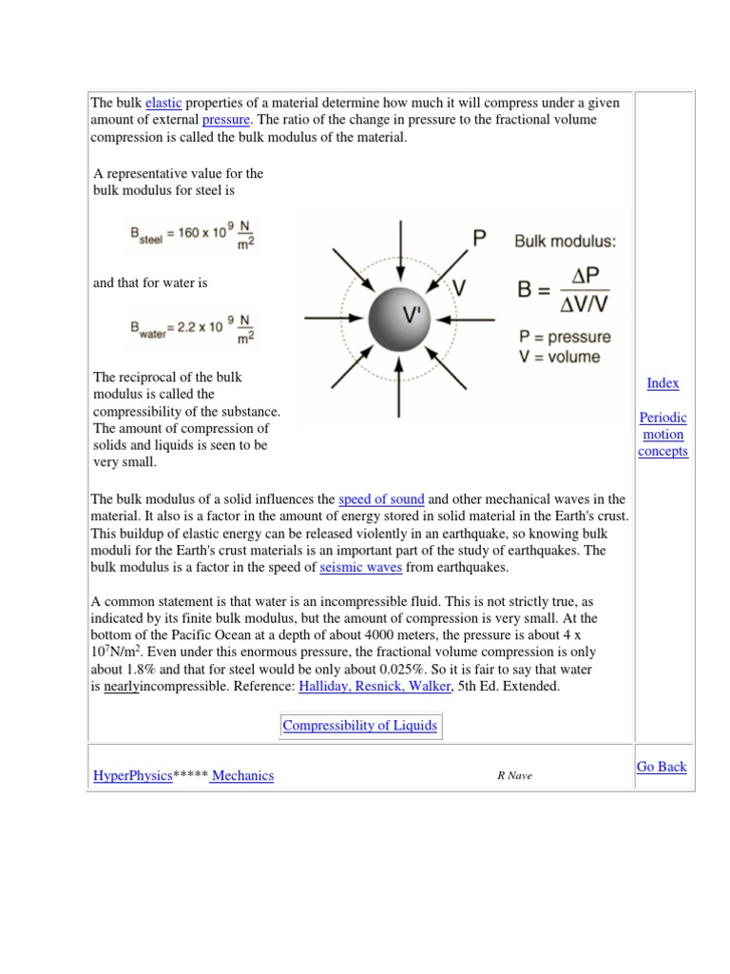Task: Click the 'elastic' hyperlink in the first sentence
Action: tap(163, 103)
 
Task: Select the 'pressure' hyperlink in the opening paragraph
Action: tap(225, 120)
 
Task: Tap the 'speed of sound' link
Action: tap(381, 498)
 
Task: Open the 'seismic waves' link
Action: tap(361, 567)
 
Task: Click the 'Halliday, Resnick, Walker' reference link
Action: tap(375, 686)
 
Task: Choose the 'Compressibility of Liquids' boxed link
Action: tap(360, 726)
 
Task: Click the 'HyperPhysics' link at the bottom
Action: tap(132, 776)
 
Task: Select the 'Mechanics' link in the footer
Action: tap(242, 776)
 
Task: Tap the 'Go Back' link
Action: tap(662, 767)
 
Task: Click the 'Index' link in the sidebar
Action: tap(663, 383)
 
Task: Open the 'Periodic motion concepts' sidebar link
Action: tap(663, 434)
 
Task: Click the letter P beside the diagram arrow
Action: tap(480, 238)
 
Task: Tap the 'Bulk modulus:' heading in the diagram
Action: tap(565, 242)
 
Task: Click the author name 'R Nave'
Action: tap(514, 776)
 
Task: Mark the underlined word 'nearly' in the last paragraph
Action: tap(121, 686)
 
